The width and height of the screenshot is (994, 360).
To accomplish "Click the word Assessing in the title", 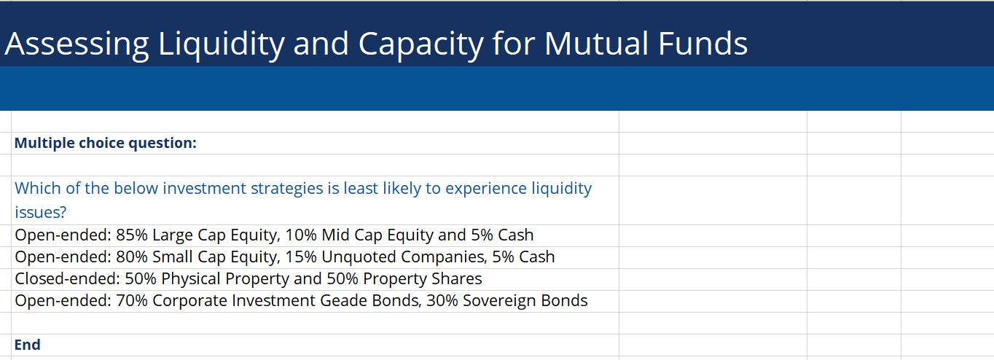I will click(76, 44).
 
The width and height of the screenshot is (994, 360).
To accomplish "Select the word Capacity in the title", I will click(420, 44).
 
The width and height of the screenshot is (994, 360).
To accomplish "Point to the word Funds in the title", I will click(703, 44).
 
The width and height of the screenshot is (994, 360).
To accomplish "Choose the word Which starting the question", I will click(36, 188).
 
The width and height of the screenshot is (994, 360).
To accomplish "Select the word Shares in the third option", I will click(456, 279).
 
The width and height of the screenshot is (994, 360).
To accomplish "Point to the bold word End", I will click(28, 345).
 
